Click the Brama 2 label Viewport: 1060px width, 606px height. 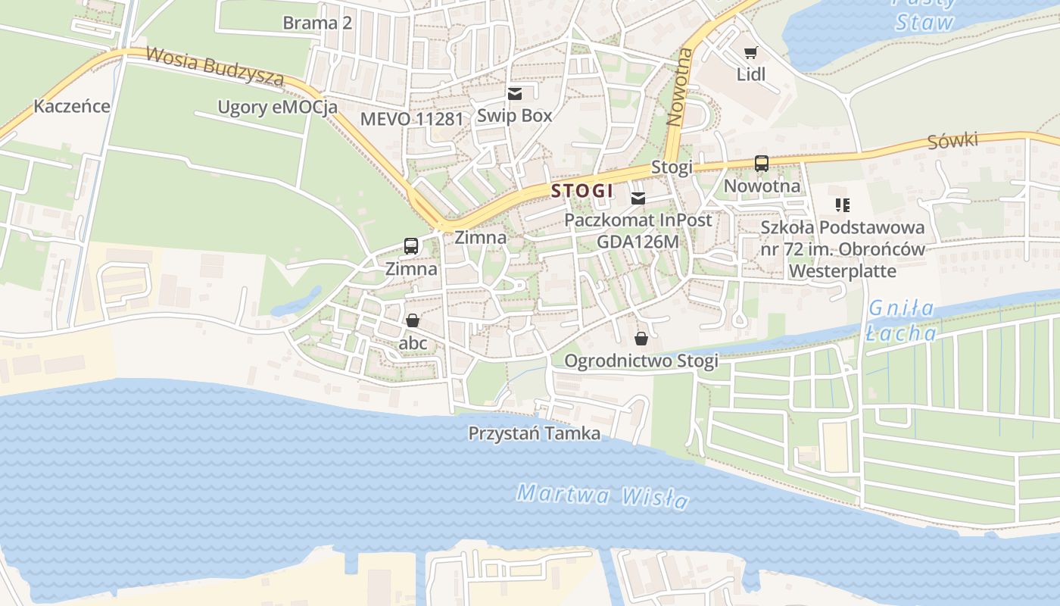coord(317,23)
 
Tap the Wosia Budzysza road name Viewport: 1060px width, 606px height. coord(214,66)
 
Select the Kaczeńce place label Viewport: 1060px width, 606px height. coord(72,106)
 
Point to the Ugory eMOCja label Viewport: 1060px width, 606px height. coord(277,107)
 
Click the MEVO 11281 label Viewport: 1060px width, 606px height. coord(411,119)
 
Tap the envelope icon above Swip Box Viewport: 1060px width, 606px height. coord(515,94)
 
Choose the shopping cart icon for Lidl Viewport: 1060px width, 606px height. coord(750,52)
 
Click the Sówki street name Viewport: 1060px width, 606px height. coord(952,141)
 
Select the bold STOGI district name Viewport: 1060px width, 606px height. coord(581,191)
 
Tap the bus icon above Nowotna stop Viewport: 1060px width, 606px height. coord(762,164)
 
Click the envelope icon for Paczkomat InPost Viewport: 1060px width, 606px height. coord(638,198)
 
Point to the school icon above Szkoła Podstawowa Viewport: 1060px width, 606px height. coord(842,205)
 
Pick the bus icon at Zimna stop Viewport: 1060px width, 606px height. coord(411,246)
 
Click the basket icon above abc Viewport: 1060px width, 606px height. coord(413,320)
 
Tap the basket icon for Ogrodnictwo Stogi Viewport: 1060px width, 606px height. coord(641,338)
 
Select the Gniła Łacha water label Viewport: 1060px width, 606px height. coord(901,320)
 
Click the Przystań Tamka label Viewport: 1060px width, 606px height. coord(534,433)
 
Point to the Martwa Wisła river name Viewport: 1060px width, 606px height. coord(602,497)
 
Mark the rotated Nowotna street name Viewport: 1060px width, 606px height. coord(680,86)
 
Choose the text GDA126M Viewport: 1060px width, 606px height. coord(638,242)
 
